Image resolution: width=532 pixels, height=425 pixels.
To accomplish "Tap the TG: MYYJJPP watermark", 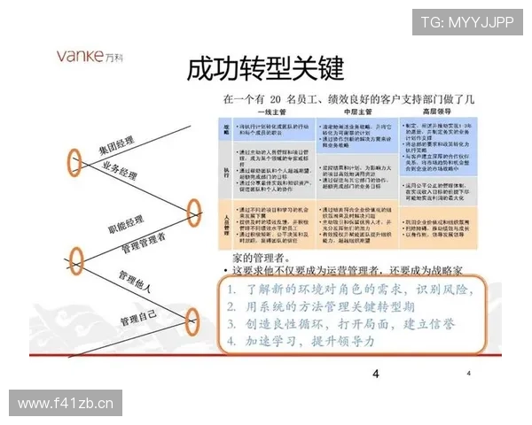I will coord(467,22).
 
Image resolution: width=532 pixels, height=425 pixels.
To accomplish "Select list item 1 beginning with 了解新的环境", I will coord(350,290).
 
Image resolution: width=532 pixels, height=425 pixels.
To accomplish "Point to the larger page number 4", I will coord(376,374).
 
